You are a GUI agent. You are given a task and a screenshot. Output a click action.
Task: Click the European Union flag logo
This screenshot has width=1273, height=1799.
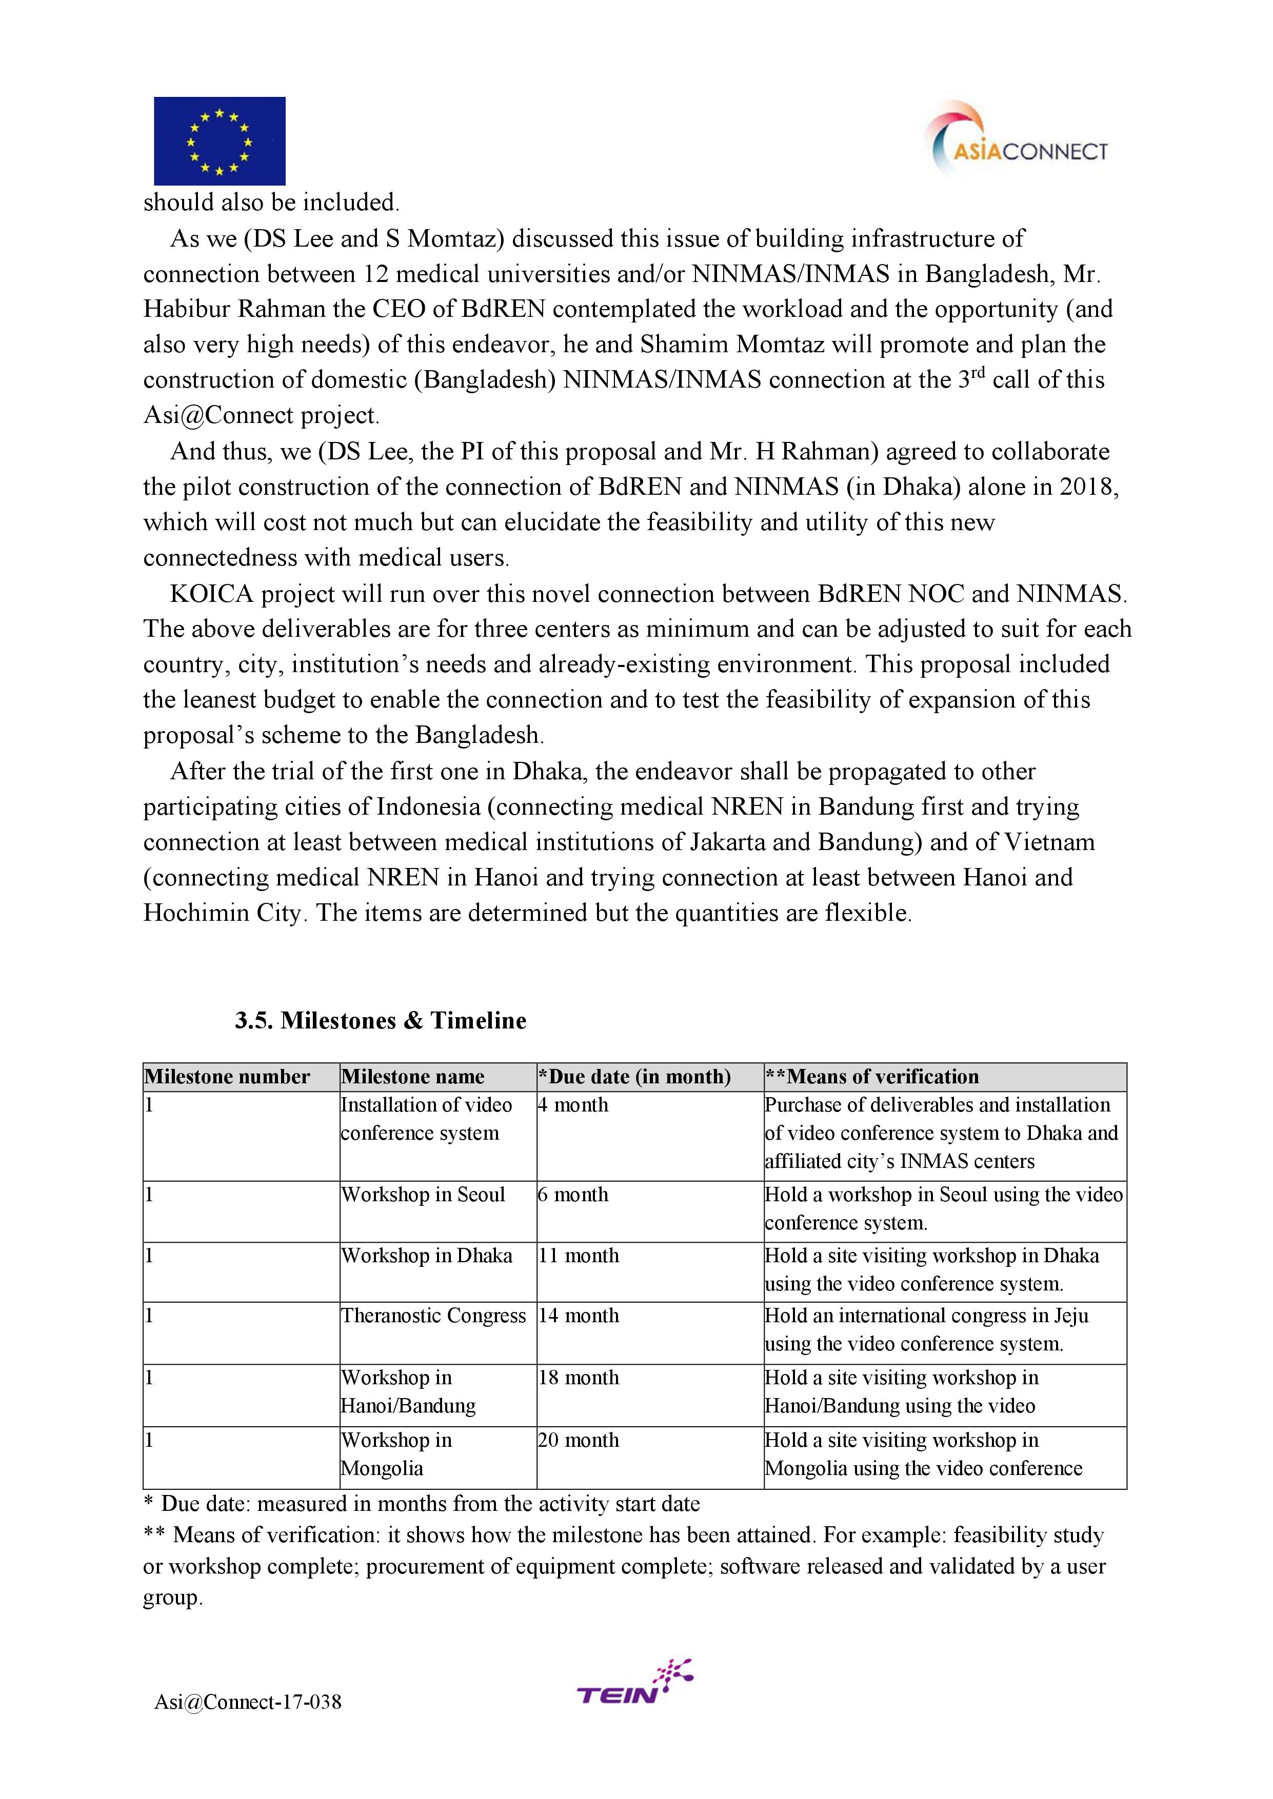pyautogui.click(x=220, y=141)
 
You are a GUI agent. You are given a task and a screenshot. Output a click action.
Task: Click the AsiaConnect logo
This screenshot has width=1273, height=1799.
pyautogui.click(x=1018, y=141)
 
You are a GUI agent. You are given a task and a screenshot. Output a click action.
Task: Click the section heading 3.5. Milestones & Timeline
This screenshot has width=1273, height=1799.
pyautogui.click(x=380, y=1021)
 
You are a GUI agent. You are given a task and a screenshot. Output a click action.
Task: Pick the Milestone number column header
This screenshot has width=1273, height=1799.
pyautogui.click(x=227, y=1077)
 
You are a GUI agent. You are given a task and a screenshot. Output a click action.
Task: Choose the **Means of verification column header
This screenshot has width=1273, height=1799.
pyautogui.click(x=872, y=1077)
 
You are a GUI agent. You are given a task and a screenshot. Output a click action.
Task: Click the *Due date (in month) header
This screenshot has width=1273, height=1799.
pyautogui.click(x=634, y=1077)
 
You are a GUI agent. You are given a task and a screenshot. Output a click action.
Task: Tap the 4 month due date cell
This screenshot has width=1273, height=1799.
pyautogui.click(x=573, y=1105)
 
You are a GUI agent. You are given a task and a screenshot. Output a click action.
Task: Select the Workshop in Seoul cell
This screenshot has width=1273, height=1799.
pyautogui.click(x=423, y=1195)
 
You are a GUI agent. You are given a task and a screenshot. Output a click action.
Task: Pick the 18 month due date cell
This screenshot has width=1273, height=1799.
pyautogui.click(x=579, y=1378)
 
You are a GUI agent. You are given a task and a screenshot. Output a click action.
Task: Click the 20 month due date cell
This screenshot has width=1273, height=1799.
pyautogui.click(x=579, y=1440)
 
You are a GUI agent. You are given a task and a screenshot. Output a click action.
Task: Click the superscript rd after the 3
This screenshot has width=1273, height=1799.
pyautogui.click(x=977, y=372)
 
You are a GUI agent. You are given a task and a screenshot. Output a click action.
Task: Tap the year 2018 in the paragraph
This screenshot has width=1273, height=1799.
pyautogui.click(x=1089, y=488)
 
